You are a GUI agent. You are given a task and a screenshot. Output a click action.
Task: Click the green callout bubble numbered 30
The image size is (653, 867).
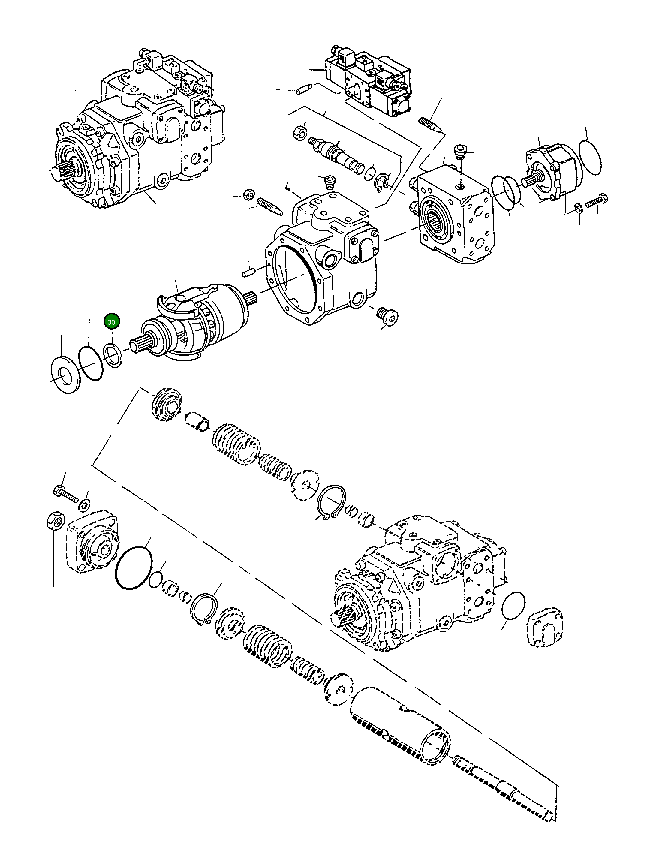(111, 322)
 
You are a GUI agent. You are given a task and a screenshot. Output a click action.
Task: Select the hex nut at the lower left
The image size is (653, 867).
(54, 522)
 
